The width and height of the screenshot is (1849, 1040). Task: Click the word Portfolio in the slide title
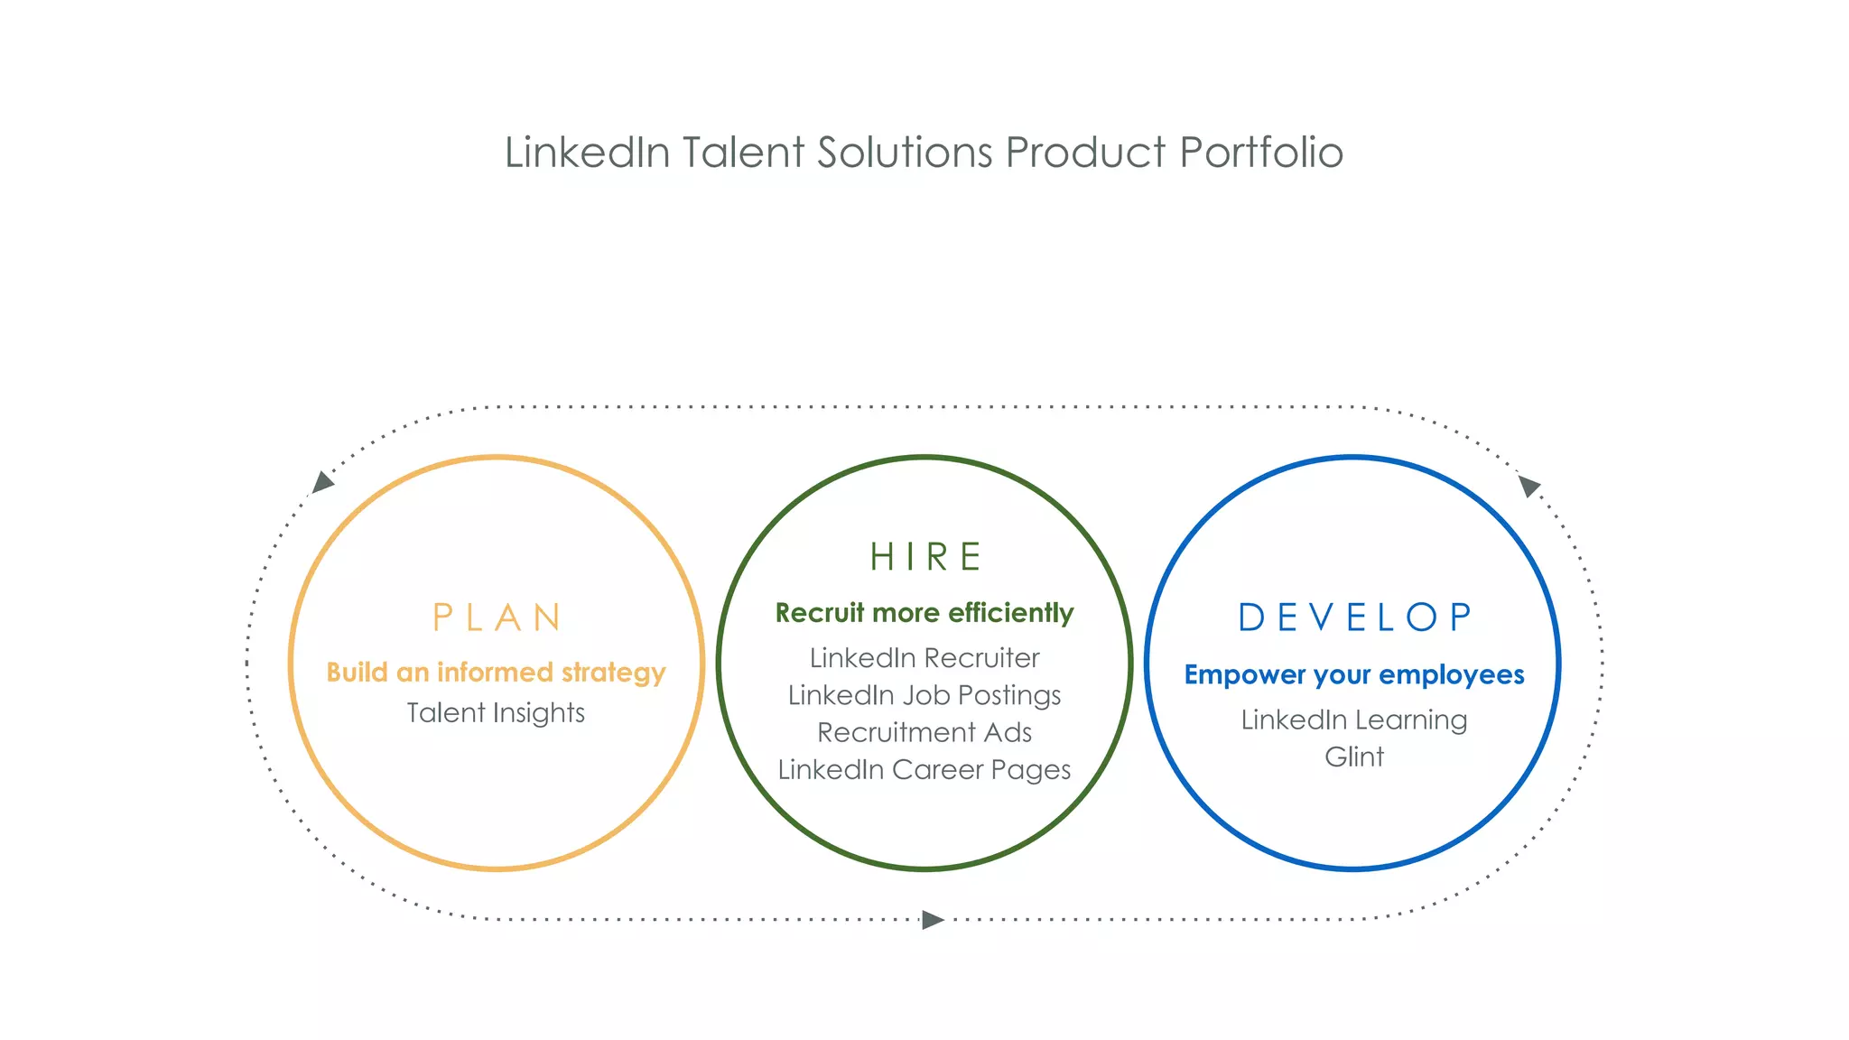[1261, 153]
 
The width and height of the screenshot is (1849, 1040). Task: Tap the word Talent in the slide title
[743, 153]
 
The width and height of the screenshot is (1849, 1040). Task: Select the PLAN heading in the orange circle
[497, 618]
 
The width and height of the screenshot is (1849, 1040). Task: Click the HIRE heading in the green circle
[925, 557]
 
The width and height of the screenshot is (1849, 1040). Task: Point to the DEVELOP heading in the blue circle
[1354, 618]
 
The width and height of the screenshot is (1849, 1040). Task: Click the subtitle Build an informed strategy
[496, 673]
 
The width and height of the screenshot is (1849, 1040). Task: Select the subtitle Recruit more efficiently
[924, 613]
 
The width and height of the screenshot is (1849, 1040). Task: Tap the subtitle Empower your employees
[1353, 675]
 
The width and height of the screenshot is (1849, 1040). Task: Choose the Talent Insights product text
[496, 713]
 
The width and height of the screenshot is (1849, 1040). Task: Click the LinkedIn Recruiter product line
[924, 658]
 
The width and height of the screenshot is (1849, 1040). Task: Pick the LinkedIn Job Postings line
[924, 695]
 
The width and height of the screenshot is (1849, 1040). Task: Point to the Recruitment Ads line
[924, 732]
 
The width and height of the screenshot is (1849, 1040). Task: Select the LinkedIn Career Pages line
[924, 769]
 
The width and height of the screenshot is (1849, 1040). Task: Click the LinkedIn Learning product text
[1353, 720]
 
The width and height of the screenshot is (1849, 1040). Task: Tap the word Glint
[1353, 757]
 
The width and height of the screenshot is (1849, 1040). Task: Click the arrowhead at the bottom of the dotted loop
[932, 920]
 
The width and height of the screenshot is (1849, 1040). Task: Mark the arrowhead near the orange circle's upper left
[322, 483]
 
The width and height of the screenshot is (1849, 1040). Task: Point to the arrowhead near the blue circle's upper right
[1528, 487]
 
